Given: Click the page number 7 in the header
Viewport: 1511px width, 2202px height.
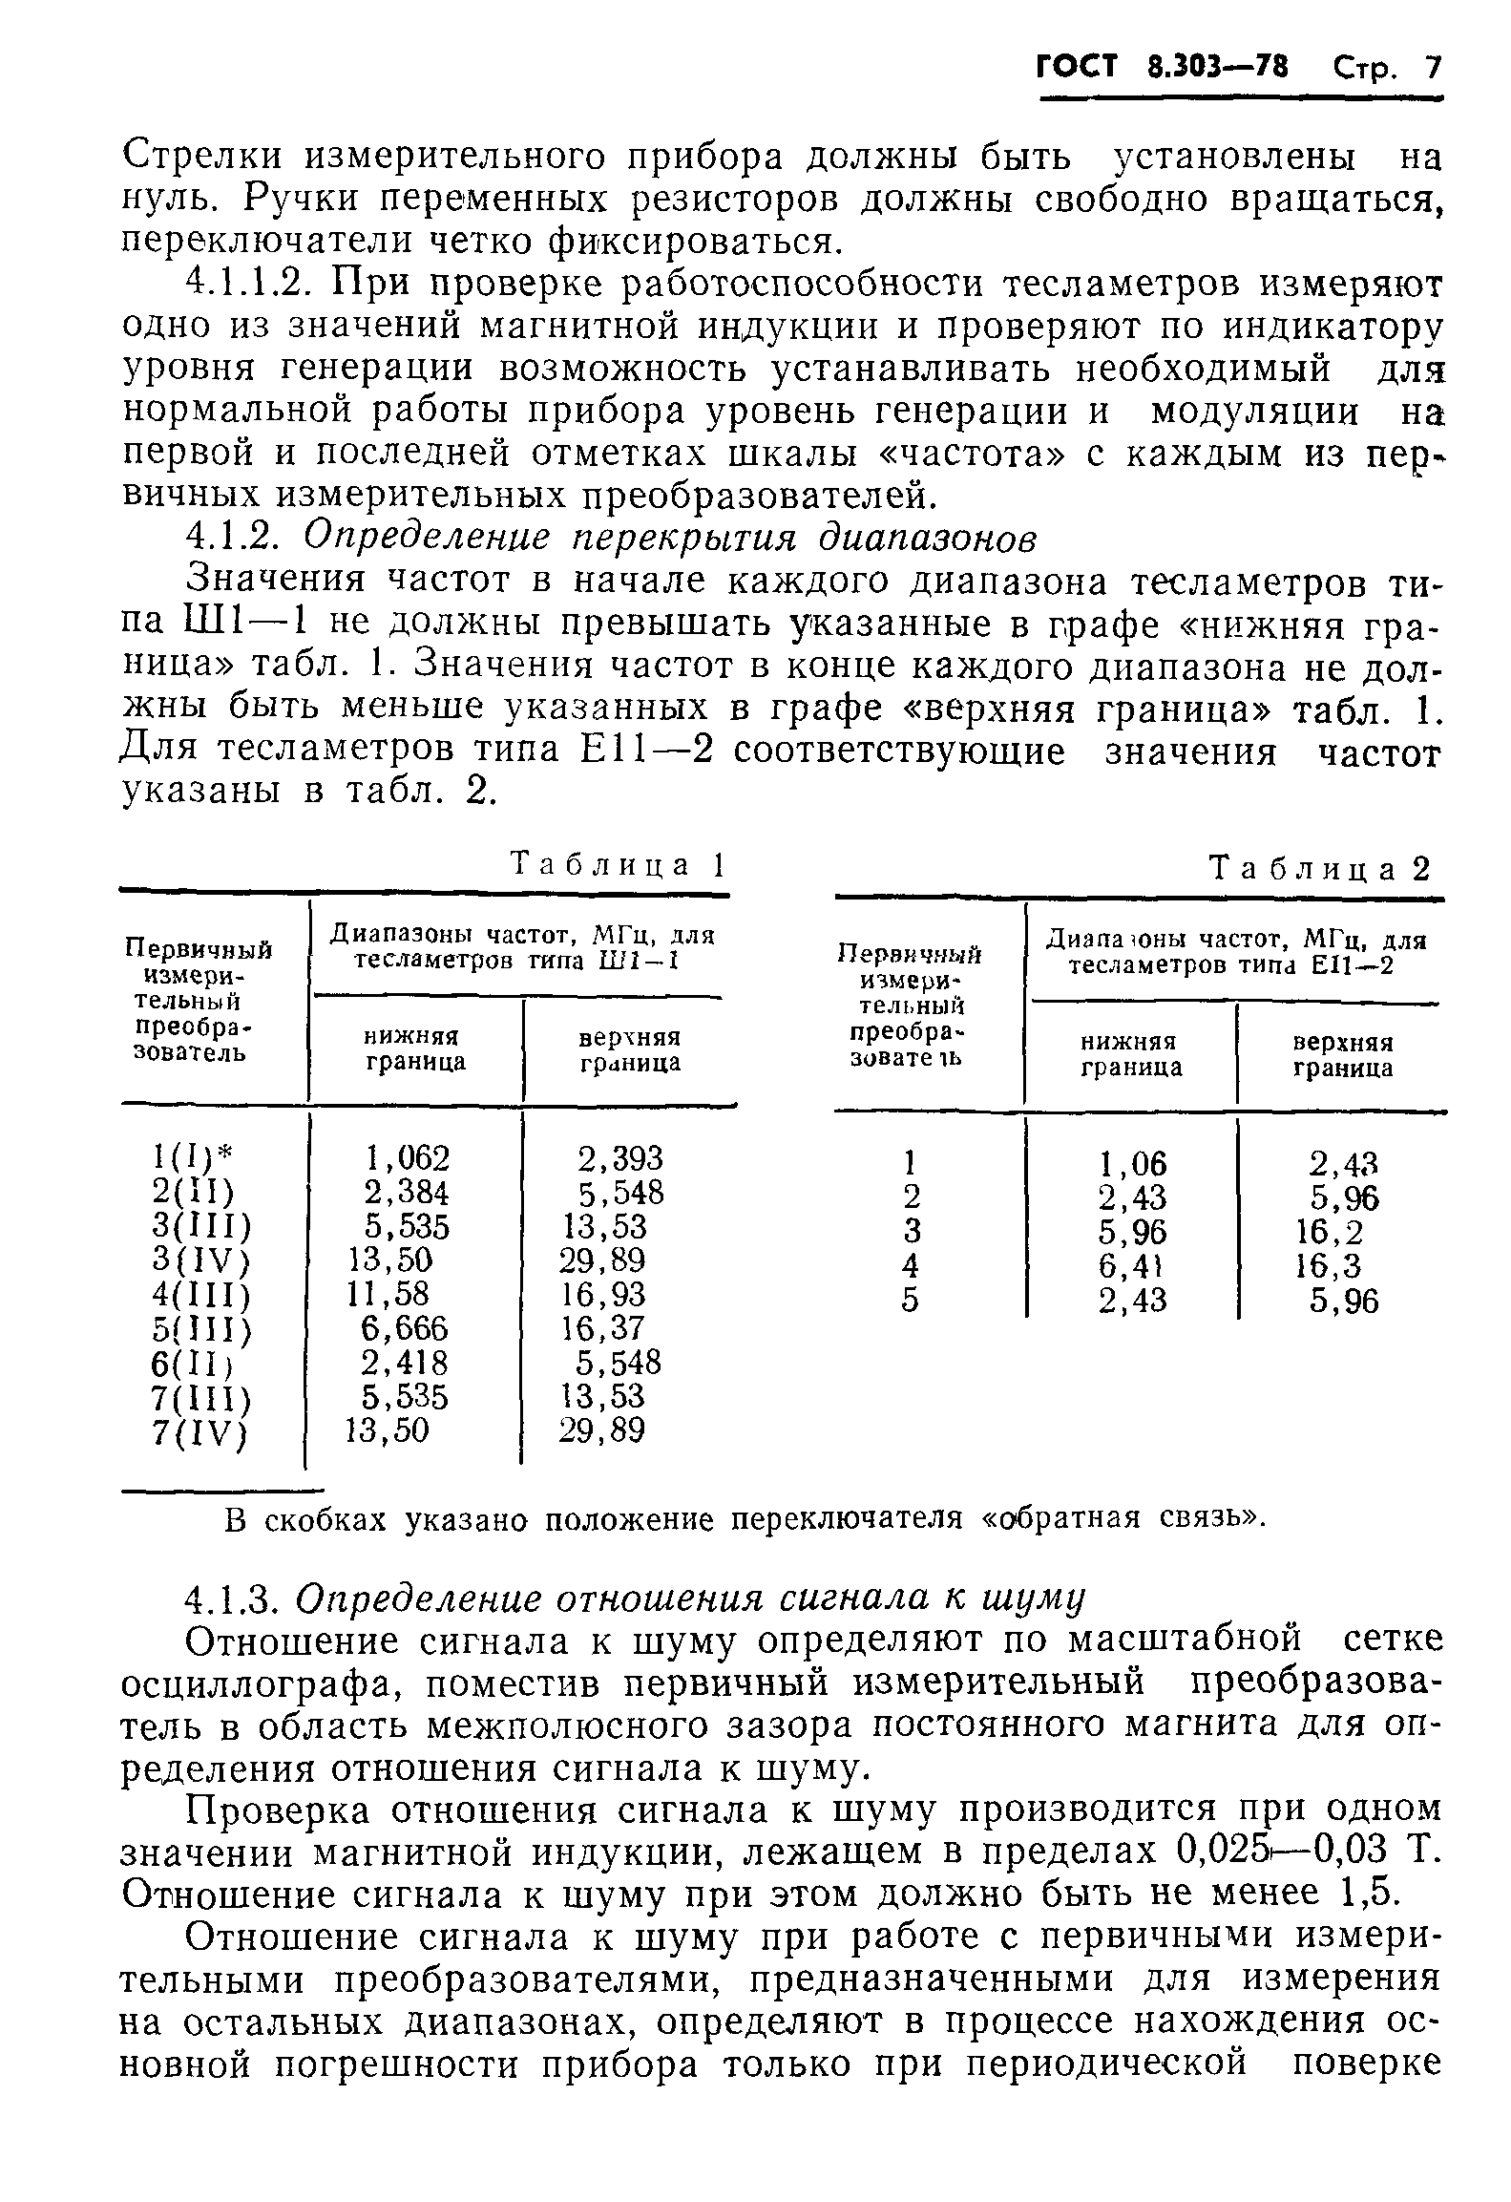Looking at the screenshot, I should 1431,69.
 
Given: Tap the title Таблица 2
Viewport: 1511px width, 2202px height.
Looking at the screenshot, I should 1321,869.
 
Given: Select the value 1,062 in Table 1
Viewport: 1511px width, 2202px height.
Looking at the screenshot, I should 407,1158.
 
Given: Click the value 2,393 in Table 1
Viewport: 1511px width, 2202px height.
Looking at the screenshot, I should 619,1158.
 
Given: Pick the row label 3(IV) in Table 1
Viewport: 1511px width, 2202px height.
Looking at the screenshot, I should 200,1261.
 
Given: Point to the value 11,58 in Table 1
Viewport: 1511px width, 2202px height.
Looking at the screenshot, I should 390,1294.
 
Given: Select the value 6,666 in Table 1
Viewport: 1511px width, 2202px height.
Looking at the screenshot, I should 405,1328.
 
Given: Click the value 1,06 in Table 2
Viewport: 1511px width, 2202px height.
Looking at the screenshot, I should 1132,1163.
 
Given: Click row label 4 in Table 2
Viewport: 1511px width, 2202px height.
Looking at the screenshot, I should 910,1266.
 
